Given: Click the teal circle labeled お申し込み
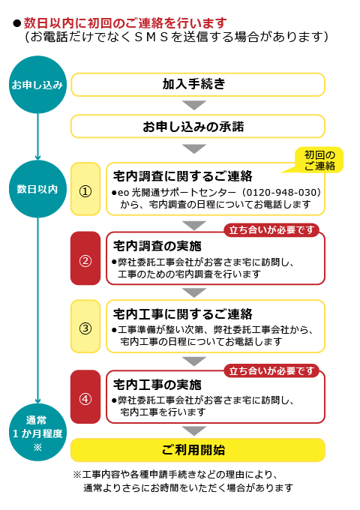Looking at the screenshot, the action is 37,85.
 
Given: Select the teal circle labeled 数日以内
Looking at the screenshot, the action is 37,189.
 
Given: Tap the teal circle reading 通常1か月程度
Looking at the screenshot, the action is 37,432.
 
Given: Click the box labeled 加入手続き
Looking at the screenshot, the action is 198,85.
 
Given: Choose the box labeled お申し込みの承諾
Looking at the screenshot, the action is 198,126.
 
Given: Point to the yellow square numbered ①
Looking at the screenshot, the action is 85,189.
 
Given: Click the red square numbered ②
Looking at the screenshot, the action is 85,258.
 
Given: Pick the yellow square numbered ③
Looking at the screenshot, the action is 85,326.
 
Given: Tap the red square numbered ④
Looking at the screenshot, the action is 85,397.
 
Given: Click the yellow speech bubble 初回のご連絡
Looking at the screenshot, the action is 319,160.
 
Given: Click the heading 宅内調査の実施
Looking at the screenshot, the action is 157,246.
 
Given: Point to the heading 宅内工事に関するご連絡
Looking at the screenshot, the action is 183,314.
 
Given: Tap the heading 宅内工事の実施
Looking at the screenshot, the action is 157,385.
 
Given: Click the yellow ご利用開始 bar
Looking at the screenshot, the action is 198,450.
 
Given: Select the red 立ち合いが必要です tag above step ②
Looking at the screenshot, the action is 271,230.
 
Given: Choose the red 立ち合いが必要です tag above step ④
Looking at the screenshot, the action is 271,370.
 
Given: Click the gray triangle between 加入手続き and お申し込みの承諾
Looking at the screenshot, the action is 194,105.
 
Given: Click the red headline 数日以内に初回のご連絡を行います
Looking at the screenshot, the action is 125,23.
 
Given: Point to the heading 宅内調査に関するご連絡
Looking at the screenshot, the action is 183,176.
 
